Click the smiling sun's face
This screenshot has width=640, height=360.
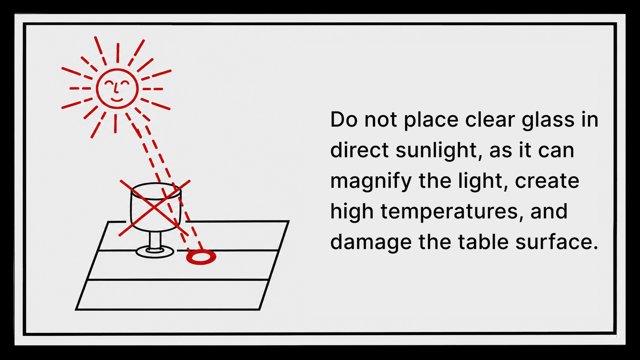[x=117, y=89]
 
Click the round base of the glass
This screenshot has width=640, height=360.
[x=155, y=252]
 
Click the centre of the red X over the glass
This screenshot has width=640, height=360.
[x=155, y=208]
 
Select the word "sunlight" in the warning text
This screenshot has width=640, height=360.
[x=436, y=151]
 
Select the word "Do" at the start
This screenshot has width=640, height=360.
[x=344, y=120]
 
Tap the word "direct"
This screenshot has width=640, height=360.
[x=360, y=149]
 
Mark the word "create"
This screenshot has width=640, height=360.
[x=547, y=181]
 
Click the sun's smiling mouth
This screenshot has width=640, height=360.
[x=117, y=100]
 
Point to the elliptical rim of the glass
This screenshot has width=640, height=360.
[x=156, y=191]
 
